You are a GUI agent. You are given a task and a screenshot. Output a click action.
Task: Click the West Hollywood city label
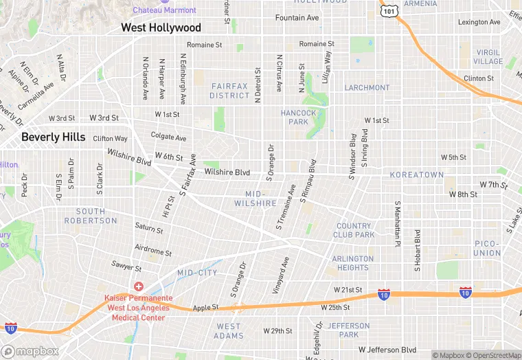pos(161,27)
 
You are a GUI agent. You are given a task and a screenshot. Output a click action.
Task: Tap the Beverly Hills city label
pos(53,137)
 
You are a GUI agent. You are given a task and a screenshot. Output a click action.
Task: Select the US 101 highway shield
pos(389,10)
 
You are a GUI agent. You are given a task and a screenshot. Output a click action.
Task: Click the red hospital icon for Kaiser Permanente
pos(139,286)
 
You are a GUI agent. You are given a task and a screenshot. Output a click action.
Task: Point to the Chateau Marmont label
pos(164,10)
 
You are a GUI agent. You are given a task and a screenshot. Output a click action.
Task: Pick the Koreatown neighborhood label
pos(417,175)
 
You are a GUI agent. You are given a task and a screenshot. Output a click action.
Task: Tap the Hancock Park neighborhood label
pos(298,117)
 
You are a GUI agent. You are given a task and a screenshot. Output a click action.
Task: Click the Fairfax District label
pos(230,91)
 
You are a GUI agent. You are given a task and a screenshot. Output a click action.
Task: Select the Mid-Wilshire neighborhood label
pos(255,199)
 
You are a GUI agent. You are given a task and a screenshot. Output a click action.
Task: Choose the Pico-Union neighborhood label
pos(487,248)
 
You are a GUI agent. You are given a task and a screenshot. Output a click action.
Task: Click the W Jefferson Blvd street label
pos(387,350)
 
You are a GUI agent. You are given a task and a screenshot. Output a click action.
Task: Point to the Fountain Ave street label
pos(297,17)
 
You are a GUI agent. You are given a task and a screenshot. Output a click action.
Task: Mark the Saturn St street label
pos(149,227)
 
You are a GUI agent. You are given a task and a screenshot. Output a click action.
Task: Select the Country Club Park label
pos(355,230)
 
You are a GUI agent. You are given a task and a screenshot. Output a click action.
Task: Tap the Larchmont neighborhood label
pos(367,88)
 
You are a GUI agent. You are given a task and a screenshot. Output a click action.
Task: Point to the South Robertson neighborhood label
pos(91,216)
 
